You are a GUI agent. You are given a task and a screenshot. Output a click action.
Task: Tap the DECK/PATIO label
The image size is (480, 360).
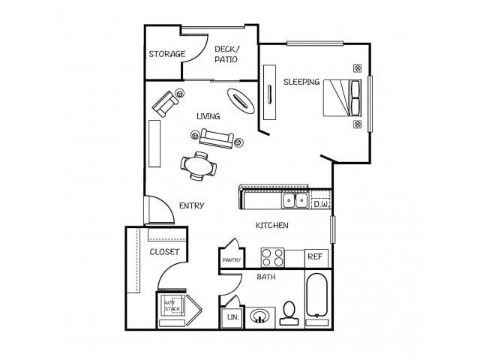tap(226, 54)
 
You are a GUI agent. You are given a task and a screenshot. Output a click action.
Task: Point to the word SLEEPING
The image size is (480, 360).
tap(301, 82)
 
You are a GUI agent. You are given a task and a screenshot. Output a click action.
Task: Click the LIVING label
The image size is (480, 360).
tap(208, 116)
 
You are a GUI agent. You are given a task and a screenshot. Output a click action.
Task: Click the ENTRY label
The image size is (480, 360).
tap(191, 205)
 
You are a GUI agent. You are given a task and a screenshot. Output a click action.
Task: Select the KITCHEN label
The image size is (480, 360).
tap(271, 225)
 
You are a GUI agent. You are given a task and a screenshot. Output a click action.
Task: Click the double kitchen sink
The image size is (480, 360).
tap(293, 200)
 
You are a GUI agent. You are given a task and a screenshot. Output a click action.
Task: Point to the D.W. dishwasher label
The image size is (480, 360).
tap(321, 203)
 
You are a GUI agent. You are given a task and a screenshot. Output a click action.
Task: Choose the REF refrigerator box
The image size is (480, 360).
tap(316, 256)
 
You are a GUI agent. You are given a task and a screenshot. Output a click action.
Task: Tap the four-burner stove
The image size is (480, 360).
tap(272, 257)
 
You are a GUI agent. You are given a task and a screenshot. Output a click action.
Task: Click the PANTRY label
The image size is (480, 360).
tap(229, 260)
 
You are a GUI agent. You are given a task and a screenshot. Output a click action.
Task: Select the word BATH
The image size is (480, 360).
tap(266, 277)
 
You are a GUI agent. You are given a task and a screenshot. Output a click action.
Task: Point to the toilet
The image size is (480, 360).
tap(288, 313)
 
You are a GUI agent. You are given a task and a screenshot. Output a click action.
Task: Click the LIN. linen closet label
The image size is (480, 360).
tap(231, 317)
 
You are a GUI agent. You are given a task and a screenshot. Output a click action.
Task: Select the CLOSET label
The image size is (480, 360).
tap(164, 251)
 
